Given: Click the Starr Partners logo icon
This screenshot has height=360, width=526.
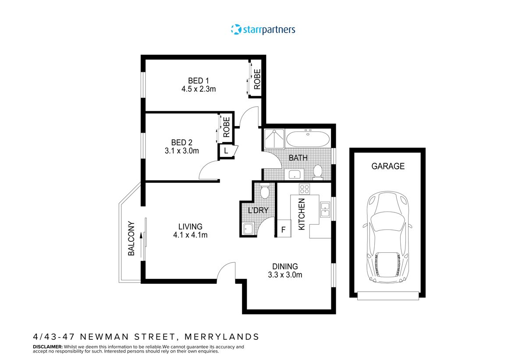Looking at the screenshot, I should coord(236,29).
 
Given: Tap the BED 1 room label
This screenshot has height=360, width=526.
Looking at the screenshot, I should coord(199,81).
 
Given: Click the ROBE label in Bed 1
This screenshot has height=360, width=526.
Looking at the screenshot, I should coord(257,79).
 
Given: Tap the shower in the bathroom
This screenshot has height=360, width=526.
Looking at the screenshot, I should coord(274,139).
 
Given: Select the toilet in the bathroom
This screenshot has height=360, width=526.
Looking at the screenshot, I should coord(318,172).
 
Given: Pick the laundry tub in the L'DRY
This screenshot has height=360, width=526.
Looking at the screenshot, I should coord(248,229).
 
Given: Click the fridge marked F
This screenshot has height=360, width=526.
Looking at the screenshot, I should coord(283,229).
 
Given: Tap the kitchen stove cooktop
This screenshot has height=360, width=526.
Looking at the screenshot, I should coord(304,189).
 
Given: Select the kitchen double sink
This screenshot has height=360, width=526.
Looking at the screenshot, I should coord(325,209).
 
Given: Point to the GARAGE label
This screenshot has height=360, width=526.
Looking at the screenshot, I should coord(388,166).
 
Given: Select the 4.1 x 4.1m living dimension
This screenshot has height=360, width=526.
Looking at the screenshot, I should coord(190,235).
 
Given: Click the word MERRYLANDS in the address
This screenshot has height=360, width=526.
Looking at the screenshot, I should coord(222,337).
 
